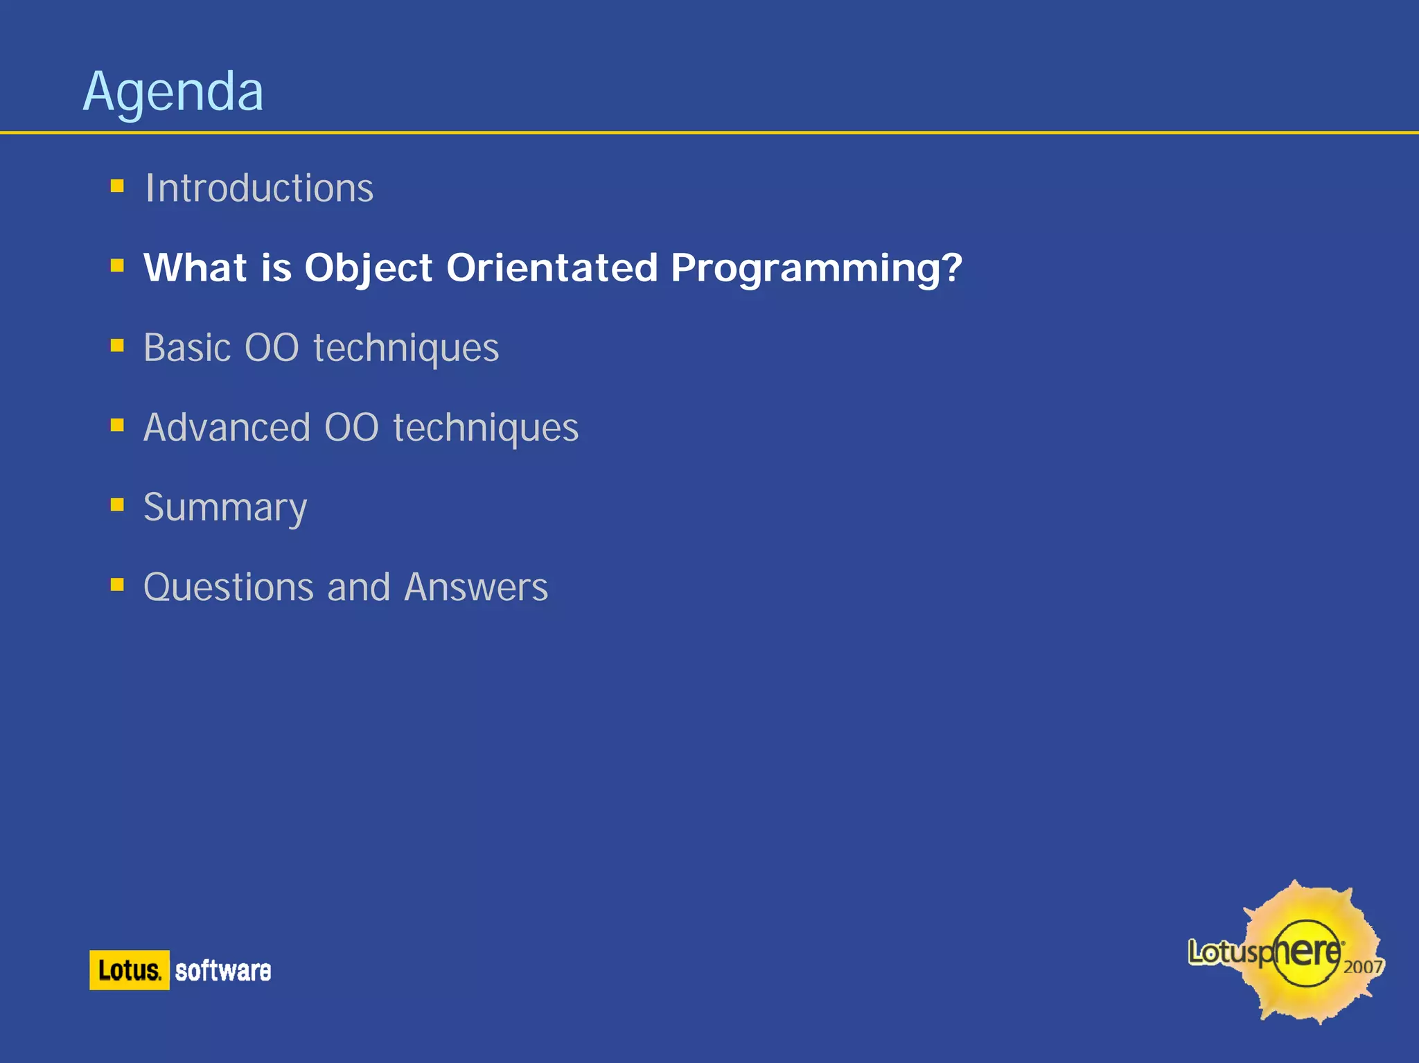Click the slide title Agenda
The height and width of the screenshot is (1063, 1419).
pos(173,91)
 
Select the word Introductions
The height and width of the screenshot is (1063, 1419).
pos(259,188)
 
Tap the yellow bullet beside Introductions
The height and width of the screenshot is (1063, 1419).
pos(117,186)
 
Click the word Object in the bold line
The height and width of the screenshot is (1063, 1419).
pos(369,268)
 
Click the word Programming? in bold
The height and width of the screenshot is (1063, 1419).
pos(816,269)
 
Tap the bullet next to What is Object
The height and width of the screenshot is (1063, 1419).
pos(117,265)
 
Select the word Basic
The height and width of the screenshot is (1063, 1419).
pos(187,347)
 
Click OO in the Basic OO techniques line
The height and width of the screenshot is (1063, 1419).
pos(272,348)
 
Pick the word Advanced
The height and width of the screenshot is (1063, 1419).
pos(227,428)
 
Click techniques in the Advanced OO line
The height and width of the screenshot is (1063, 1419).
pos(486,428)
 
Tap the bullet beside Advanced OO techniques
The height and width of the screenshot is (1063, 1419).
pos(117,425)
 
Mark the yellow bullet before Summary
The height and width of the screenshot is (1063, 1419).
pos(117,504)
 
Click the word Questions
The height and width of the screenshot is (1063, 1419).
pos(229,588)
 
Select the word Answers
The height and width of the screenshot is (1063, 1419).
pos(476,588)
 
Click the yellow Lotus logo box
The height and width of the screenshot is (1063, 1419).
pos(130,970)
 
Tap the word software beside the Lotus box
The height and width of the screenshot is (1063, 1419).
pos(222,971)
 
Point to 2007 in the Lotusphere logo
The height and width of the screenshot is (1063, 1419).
pos(1362,967)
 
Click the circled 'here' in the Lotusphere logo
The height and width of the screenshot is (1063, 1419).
pos(1307,953)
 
